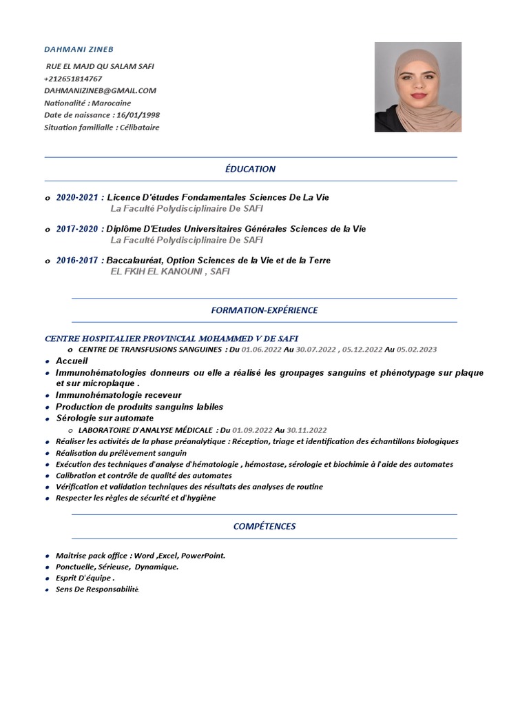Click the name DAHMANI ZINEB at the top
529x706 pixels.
(x=79, y=50)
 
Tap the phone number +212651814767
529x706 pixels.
(x=73, y=79)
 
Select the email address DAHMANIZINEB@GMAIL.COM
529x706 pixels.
(x=100, y=90)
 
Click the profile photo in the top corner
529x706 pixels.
(x=417, y=87)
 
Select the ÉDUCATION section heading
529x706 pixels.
(x=250, y=169)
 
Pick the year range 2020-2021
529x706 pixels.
(x=77, y=197)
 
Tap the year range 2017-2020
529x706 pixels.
(x=77, y=229)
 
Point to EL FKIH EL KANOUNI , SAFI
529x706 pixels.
(x=170, y=272)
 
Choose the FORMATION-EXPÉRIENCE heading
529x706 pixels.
(x=264, y=310)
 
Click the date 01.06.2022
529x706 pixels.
(x=257, y=350)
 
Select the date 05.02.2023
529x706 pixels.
(x=416, y=350)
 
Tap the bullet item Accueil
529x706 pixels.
(x=72, y=361)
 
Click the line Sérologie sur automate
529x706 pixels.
(x=105, y=418)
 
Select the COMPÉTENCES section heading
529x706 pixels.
(x=264, y=526)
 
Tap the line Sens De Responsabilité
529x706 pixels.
(x=97, y=589)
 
